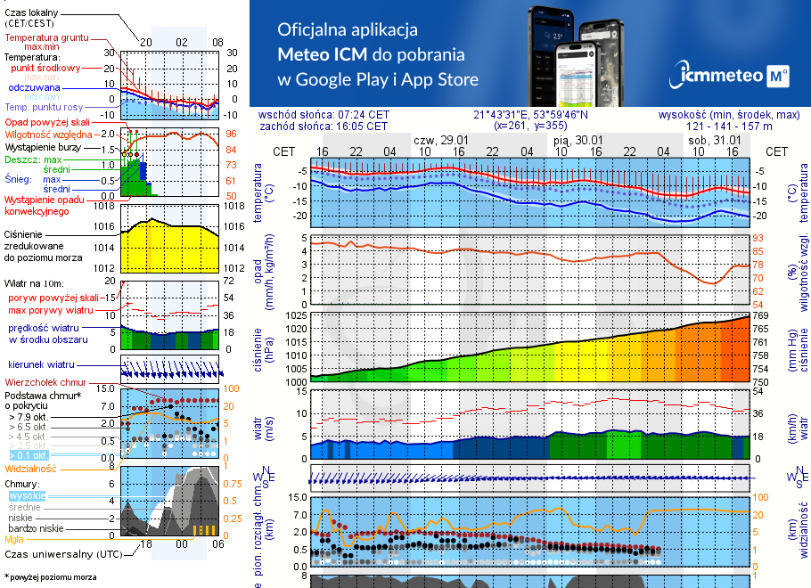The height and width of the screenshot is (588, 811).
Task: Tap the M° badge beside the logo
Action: coord(777,77)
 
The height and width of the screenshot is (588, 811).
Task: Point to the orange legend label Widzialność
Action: coord(31,467)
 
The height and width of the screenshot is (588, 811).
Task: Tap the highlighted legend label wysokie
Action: coord(26,495)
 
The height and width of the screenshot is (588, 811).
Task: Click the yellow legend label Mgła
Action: coord(14,539)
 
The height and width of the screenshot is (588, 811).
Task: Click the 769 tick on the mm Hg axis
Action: coord(761,315)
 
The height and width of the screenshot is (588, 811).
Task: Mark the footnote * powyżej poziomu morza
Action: coord(49,576)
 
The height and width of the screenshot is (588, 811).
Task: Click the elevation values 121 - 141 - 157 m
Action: coord(729,126)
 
